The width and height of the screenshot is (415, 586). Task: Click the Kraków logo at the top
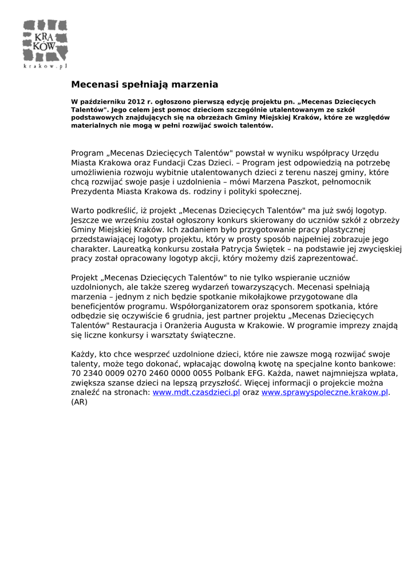(x=45, y=41)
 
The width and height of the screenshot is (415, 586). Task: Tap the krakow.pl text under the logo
(x=45, y=66)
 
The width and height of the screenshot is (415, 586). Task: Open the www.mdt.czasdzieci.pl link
(x=196, y=393)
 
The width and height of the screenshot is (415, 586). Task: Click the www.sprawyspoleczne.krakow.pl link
(x=325, y=393)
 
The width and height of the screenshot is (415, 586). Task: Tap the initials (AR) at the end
(x=79, y=402)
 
